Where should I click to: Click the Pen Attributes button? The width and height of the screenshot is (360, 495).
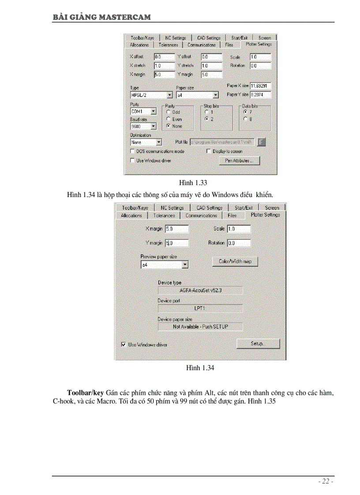coord(239,161)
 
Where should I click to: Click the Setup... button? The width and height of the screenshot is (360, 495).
coord(258,343)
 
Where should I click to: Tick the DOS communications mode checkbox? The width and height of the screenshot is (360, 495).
coord(132,151)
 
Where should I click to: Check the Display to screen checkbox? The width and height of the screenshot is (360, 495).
coord(209,151)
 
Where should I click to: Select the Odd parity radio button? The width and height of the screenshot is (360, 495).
coord(168,112)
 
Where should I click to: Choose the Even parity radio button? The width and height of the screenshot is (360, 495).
coord(168,119)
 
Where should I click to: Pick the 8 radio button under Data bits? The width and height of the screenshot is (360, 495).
coord(245,119)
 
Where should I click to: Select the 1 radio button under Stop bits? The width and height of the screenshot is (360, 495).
coord(206,112)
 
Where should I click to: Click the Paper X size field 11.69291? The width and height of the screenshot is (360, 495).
coord(260,86)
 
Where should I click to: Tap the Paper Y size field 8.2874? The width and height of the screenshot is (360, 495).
coord(260,94)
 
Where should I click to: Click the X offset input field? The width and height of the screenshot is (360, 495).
coord(164,57)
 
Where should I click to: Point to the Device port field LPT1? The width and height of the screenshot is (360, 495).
coord(200,308)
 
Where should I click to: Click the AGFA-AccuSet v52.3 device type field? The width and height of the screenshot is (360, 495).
coord(200,290)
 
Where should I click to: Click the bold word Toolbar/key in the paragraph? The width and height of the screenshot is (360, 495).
coord(85,392)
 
